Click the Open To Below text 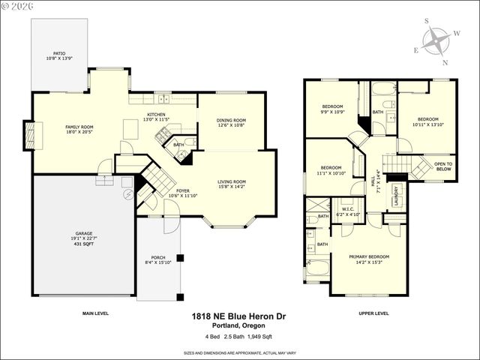(x=443, y=166)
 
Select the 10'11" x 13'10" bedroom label (x=427, y=121)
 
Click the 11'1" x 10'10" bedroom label (x=332, y=170)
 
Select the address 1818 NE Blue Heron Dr (x=238, y=318)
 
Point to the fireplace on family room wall (x=30, y=136)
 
